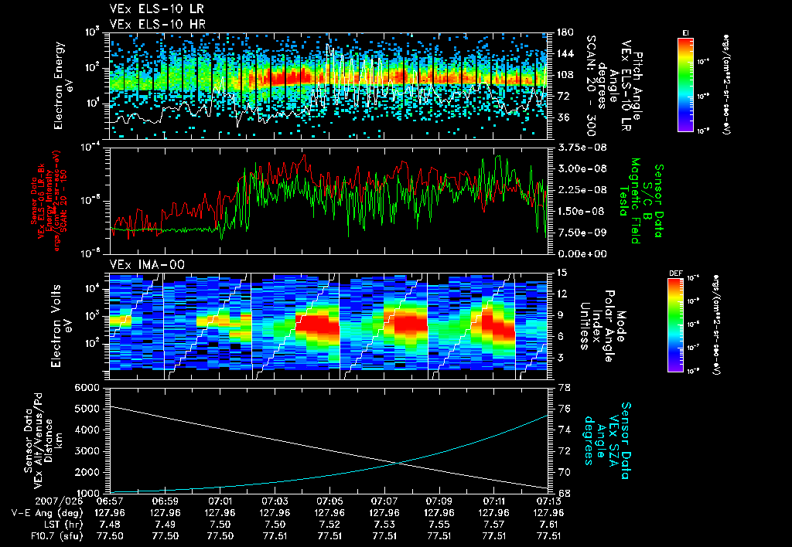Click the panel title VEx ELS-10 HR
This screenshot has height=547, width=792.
pos(152,24)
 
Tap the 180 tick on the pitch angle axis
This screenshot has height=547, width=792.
pos(565,32)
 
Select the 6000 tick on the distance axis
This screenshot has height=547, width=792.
pos(90,387)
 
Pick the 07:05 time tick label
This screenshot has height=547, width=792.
pos(330,501)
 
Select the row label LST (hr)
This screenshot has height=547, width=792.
pos(43,523)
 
